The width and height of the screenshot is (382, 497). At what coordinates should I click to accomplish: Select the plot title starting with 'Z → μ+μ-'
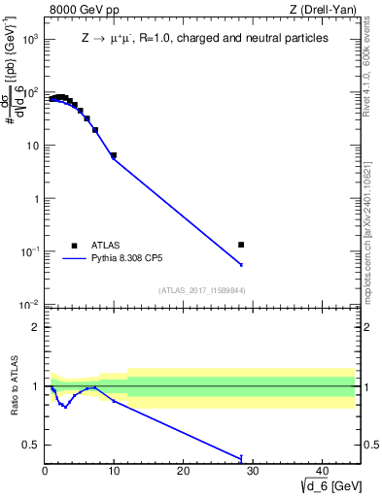click(x=204, y=38)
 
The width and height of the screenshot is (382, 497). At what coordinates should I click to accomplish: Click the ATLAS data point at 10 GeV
click(x=114, y=155)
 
